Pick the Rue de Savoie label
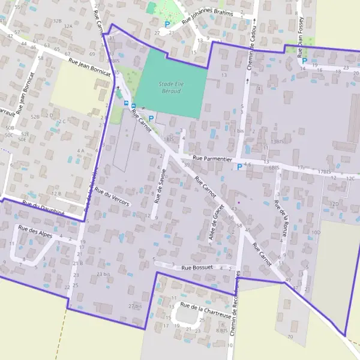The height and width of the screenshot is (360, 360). click(x=159, y=185)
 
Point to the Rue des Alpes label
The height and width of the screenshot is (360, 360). click(x=35, y=232)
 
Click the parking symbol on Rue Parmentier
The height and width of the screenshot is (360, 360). click(x=239, y=167)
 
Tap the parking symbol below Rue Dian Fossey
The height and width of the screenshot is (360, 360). click(x=304, y=61)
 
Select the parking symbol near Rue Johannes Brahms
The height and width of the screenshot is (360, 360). click(x=167, y=25)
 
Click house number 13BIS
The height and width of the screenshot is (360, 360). click(x=277, y=142)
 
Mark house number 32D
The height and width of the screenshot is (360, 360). click(x=334, y=203)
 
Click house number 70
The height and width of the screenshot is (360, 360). click(x=290, y=337)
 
